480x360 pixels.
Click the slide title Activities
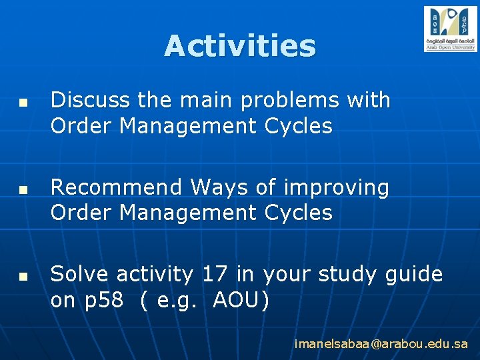click(240, 46)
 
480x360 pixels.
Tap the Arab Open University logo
click(450, 29)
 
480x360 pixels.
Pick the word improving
click(336, 188)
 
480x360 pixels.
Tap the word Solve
click(78, 274)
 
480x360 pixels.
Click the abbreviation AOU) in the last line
click(241, 301)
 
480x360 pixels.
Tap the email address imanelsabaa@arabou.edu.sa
click(381, 344)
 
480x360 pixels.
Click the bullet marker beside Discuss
click(23, 103)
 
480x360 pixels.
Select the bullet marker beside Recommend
click(23, 190)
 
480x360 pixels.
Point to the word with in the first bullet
click(369, 100)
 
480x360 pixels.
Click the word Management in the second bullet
click(183, 213)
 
